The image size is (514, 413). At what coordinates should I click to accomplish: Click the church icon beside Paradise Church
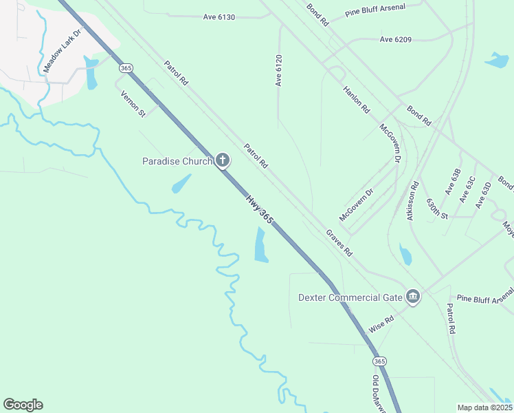click(222, 161)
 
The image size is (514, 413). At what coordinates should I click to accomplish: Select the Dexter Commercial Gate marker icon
click(412, 297)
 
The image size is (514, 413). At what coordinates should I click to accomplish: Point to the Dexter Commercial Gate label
click(349, 297)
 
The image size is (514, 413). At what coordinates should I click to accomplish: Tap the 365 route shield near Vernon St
click(125, 67)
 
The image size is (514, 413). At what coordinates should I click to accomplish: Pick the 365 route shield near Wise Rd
click(379, 361)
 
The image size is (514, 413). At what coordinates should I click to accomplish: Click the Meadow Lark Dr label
click(62, 51)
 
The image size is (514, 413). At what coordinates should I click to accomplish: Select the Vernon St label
click(133, 103)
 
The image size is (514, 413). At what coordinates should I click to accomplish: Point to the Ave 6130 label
click(219, 17)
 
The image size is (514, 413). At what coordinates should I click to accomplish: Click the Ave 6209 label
click(395, 39)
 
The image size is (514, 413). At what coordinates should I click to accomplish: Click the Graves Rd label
click(339, 243)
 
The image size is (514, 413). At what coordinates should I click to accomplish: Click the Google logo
click(23, 405)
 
